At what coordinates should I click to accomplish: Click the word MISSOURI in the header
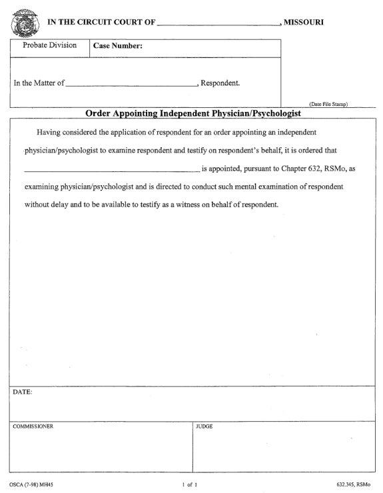click(304, 23)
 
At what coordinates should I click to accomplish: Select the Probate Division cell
click(45, 46)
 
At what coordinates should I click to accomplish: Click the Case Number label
click(118, 47)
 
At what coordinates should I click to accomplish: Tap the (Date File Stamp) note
click(329, 104)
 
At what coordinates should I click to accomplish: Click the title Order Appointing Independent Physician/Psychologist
click(193, 113)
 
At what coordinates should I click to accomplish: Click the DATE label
click(22, 392)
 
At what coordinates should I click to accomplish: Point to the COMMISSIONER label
click(33, 426)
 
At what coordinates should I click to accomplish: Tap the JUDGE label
click(204, 426)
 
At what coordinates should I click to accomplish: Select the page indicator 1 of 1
click(191, 482)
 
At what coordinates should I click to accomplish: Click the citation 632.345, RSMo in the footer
click(353, 482)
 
